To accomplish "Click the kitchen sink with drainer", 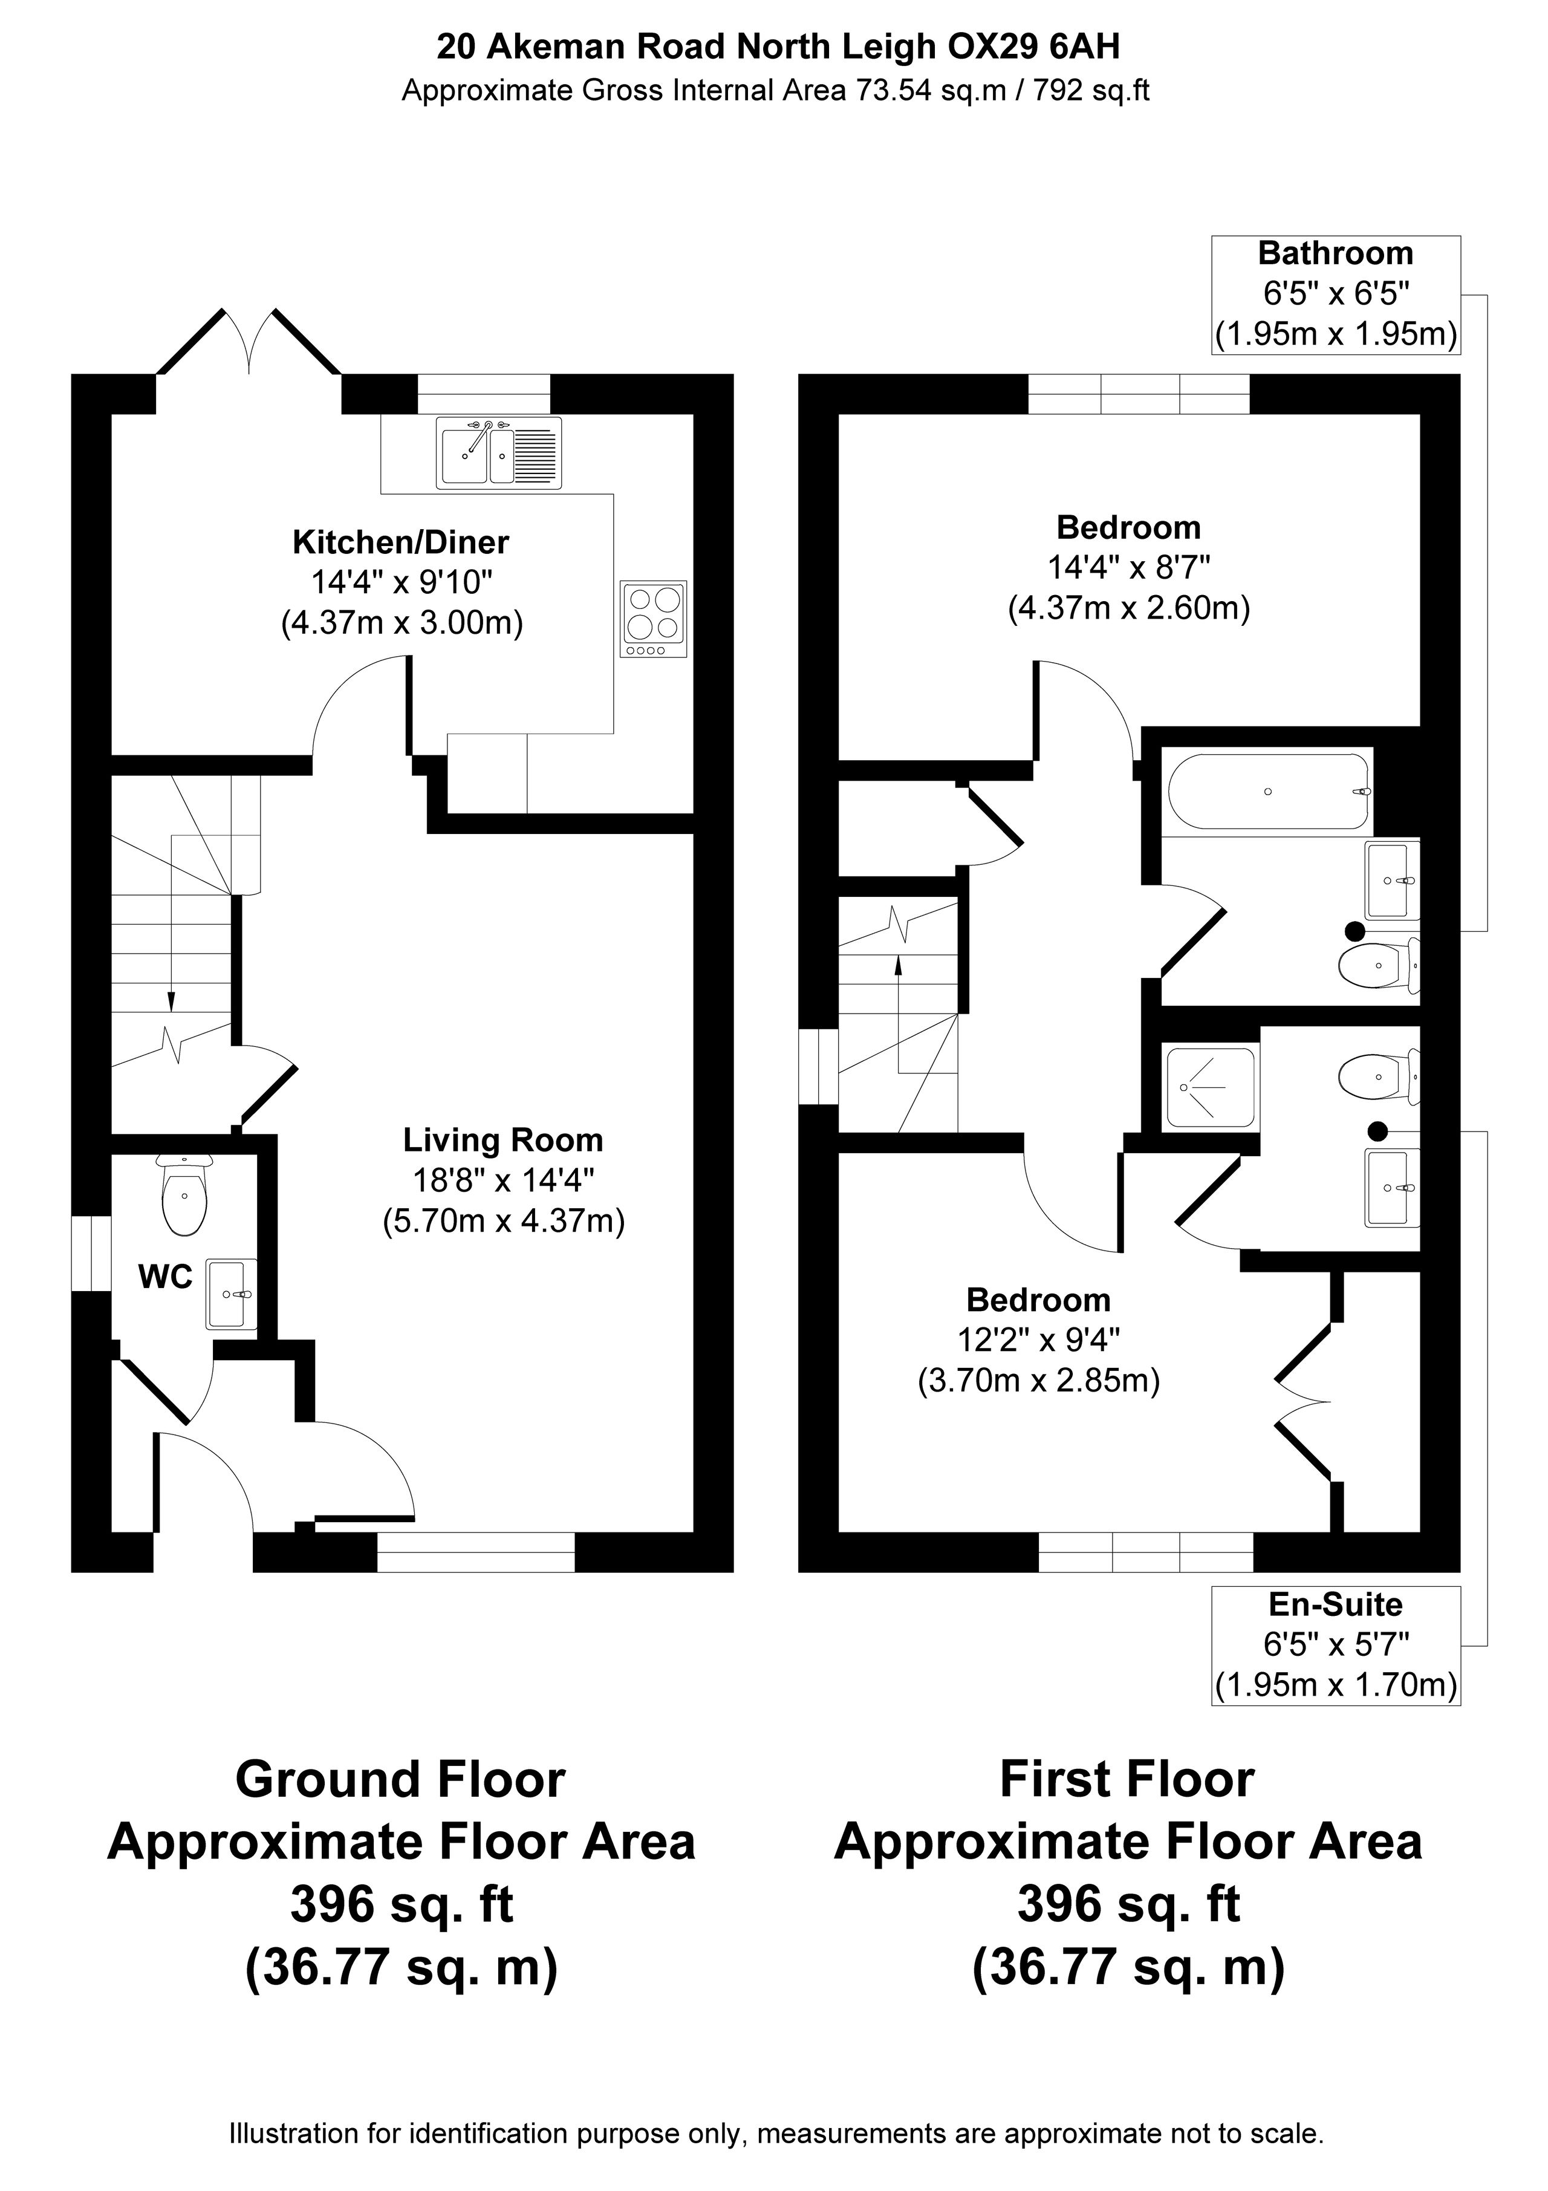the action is pos(499,454).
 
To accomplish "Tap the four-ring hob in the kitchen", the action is pos(654,619).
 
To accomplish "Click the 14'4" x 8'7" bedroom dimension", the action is pos(1129,568).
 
